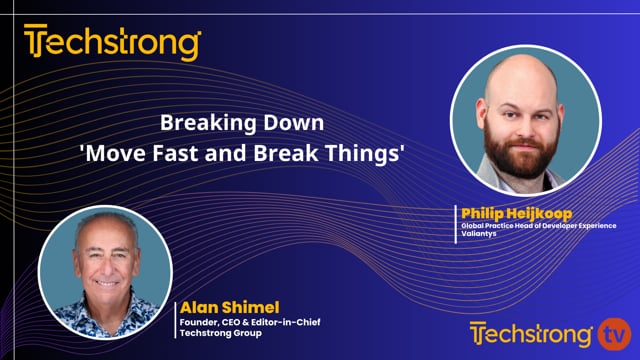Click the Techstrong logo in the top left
pyautogui.click(x=113, y=44)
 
